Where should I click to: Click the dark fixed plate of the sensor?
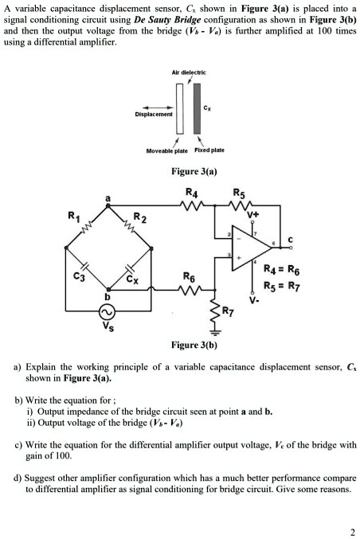pos(194,108)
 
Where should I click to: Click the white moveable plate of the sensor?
pos(180,108)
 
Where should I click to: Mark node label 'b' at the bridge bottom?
pos(108,296)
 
